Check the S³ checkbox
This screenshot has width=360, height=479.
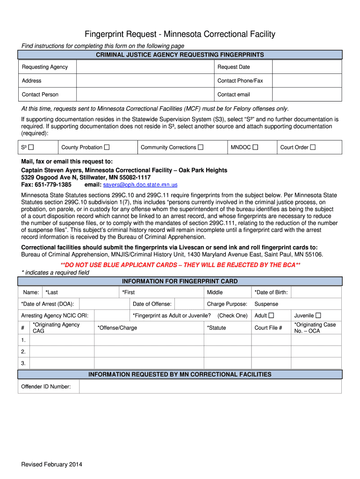31,147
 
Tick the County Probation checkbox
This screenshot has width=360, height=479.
107,147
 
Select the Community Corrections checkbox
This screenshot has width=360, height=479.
201,147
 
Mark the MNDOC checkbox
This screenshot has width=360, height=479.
255,147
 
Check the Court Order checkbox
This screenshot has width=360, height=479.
313,147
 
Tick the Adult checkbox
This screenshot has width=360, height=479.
272,316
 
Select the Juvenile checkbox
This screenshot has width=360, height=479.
318,316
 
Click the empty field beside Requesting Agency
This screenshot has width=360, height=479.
145,67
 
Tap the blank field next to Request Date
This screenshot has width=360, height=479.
307,67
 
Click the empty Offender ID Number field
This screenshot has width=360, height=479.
210,386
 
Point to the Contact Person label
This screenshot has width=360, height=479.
40,94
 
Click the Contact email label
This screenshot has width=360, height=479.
234,94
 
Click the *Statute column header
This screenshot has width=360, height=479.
216,328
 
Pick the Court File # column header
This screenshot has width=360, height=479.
268,328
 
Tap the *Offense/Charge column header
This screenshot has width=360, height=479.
117,328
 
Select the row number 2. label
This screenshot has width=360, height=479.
23,351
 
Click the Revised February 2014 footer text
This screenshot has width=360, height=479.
52,464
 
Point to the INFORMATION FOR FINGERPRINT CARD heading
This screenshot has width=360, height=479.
180,282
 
